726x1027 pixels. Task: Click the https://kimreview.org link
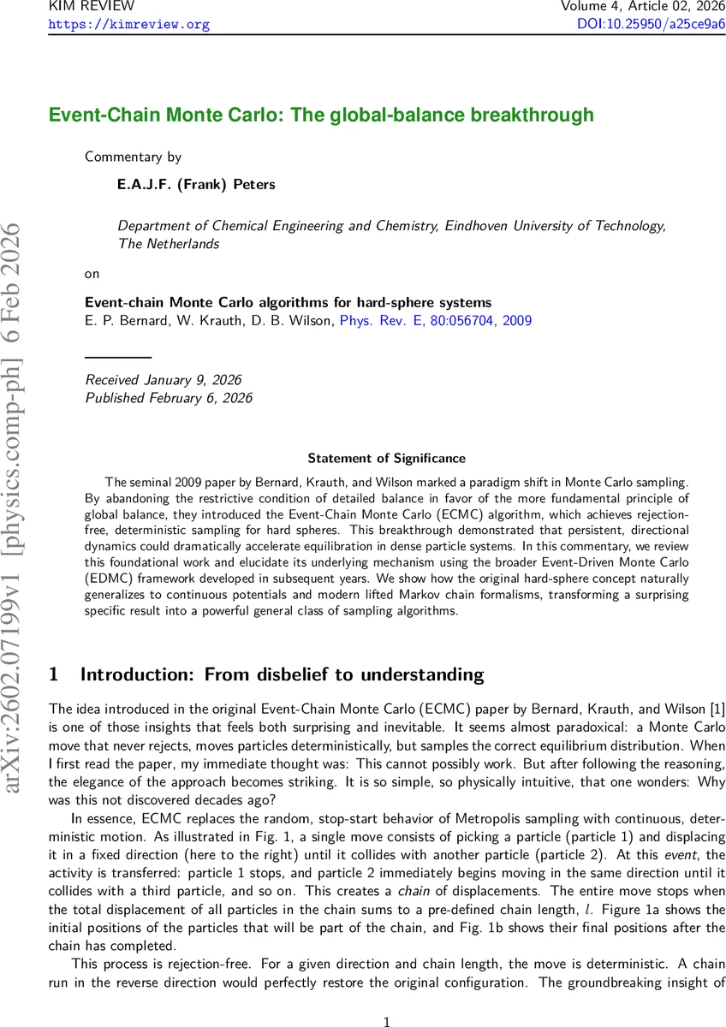(x=128, y=24)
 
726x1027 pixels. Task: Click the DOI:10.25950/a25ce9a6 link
(x=652, y=24)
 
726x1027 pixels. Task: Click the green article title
(x=321, y=115)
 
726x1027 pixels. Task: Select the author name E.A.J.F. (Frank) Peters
(x=196, y=184)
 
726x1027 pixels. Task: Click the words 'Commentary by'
(x=133, y=157)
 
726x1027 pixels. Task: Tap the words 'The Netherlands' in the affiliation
(x=168, y=244)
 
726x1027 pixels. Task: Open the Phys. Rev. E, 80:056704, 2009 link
(x=436, y=321)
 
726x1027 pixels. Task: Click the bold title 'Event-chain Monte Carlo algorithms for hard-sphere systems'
(x=288, y=302)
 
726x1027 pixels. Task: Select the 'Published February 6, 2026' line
(x=169, y=397)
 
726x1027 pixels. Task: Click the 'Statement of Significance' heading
(x=386, y=459)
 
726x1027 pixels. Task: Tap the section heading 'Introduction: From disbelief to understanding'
(x=282, y=674)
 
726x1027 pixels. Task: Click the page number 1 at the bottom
(x=387, y=998)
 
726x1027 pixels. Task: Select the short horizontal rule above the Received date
(x=118, y=355)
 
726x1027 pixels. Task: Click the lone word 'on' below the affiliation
(x=92, y=274)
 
